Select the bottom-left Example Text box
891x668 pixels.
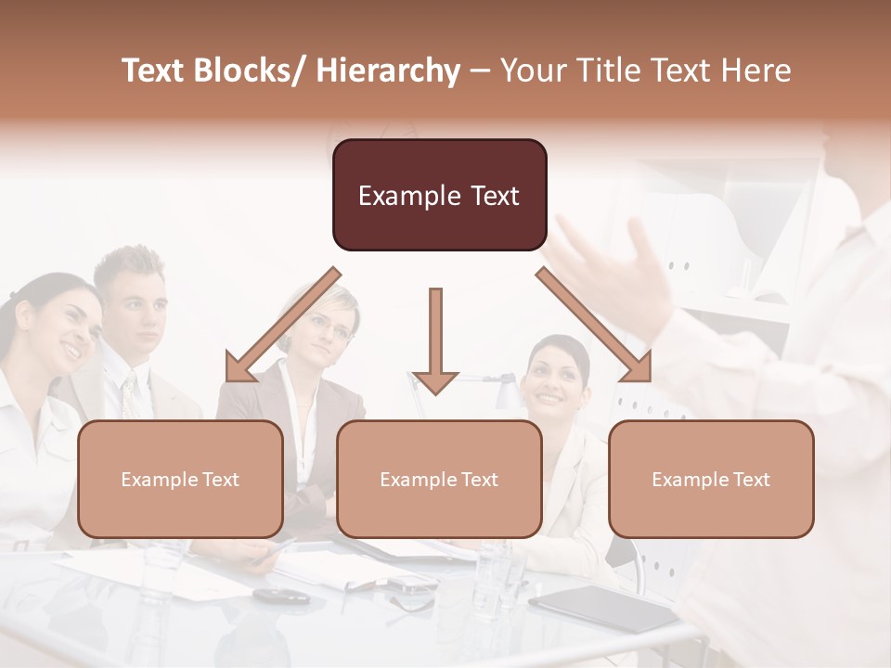coord(180,479)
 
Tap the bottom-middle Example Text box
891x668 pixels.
coord(439,479)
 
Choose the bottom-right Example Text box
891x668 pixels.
coord(711,479)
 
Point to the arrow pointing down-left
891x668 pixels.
coord(280,327)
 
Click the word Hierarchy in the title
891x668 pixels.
coord(388,71)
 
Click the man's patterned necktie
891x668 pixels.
coord(128,394)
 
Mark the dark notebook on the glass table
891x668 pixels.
coord(603,608)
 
